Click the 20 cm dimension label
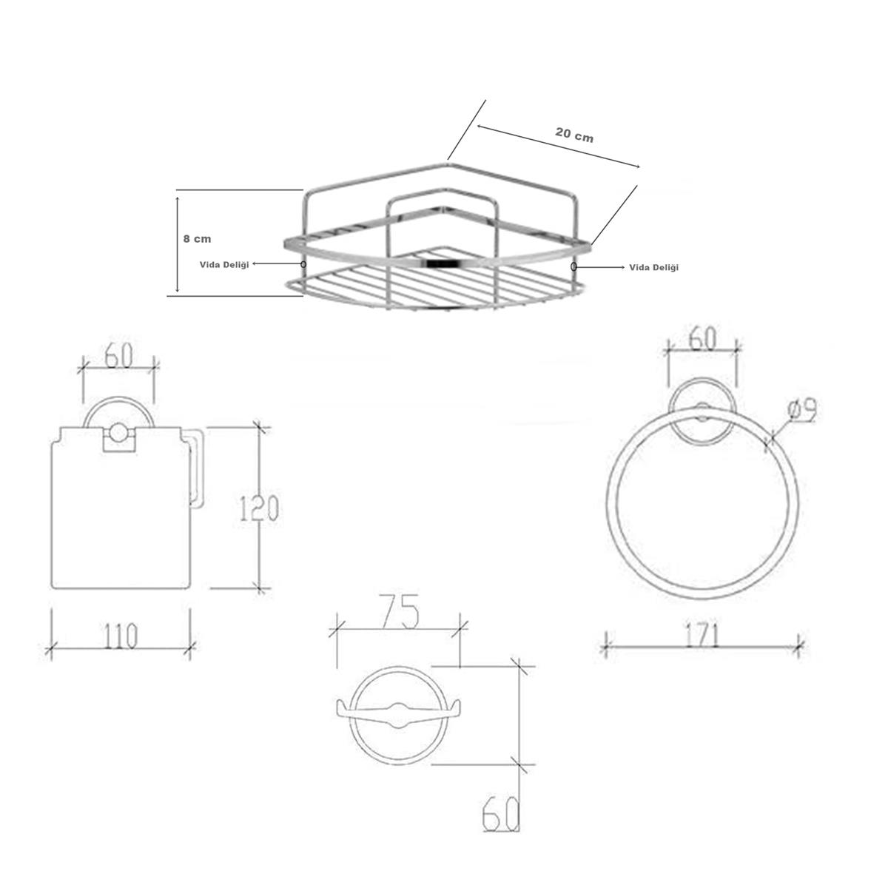pos(573,135)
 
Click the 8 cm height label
pos(197,239)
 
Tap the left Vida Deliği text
pos(224,264)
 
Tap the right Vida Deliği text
pos(653,267)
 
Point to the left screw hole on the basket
pos(303,264)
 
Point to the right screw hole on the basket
pos(573,266)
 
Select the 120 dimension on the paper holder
pos(259,508)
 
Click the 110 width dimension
pos(120,636)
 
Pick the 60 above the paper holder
pos(119,356)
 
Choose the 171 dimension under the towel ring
pos(702,636)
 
